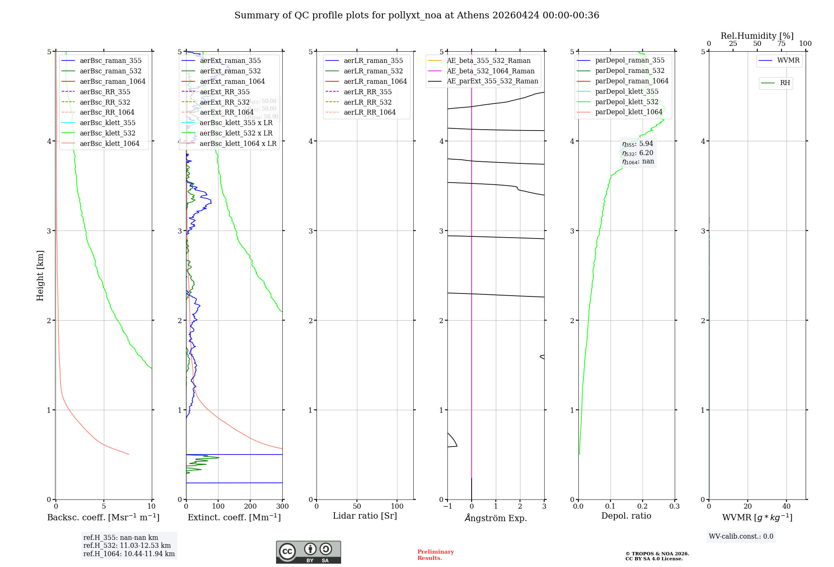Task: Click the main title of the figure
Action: [x=417, y=15]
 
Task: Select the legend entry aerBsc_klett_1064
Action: [x=109, y=143]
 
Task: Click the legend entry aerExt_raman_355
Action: [x=230, y=60]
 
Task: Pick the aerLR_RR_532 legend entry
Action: [x=367, y=102]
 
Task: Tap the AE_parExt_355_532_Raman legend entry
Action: [x=492, y=81]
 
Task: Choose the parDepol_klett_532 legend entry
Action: [x=626, y=102]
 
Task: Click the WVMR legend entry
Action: [x=788, y=60]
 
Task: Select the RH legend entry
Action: [x=784, y=83]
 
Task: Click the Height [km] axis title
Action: [x=40, y=275]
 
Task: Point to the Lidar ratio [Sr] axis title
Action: [x=365, y=516]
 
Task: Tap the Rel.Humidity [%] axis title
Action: [x=757, y=36]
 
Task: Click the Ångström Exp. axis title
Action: [x=496, y=518]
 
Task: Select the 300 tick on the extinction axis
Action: [x=283, y=506]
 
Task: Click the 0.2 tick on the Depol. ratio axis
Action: [x=643, y=506]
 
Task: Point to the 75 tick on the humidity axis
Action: [x=781, y=44]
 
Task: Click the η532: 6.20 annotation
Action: [x=638, y=153]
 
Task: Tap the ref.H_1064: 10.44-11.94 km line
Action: [x=129, y=554]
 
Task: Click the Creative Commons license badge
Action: [x=308, y=552]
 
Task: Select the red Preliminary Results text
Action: [x=435, y=554]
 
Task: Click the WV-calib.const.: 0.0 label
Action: [x=741, y=537]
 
